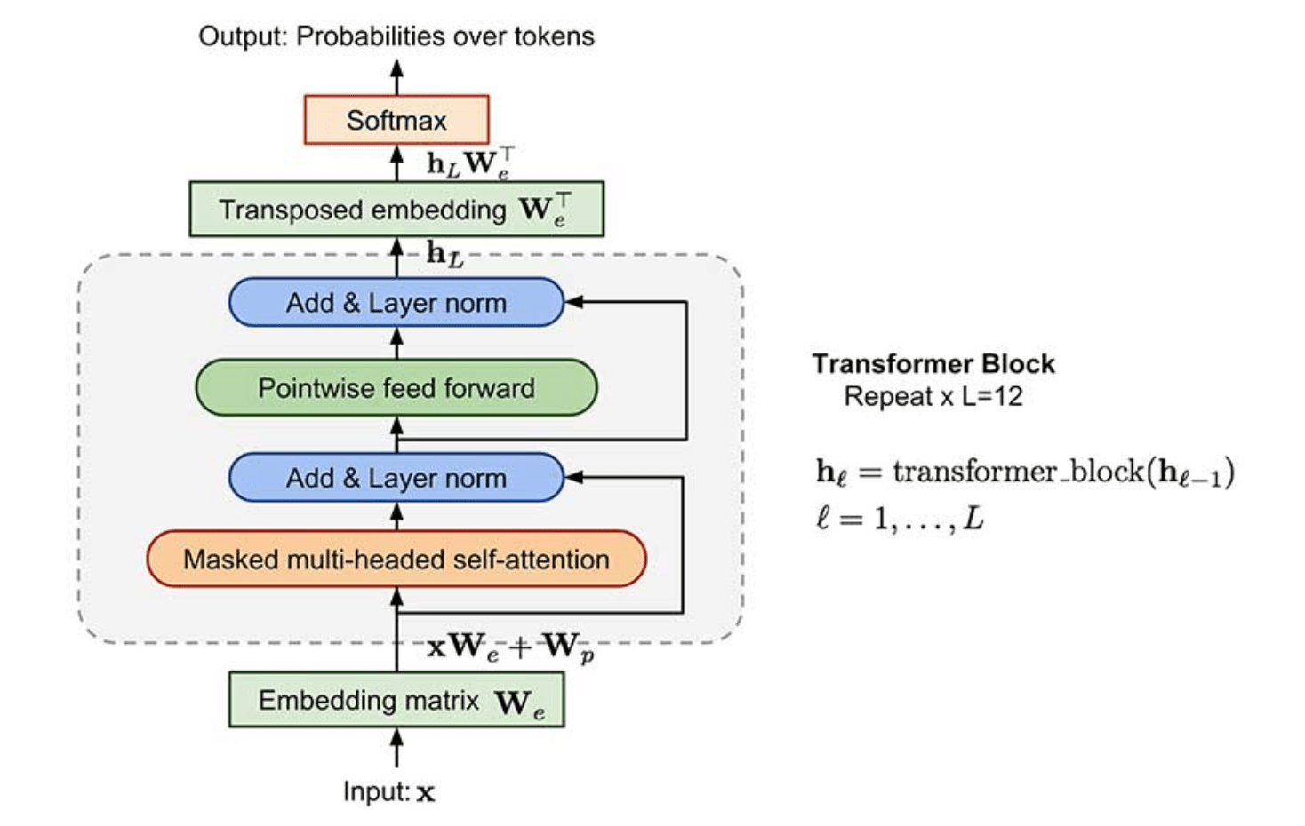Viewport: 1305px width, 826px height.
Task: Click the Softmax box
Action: pos(396,119)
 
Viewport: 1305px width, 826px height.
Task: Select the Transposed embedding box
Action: pos(396,209)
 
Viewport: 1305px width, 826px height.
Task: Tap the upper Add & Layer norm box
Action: pos(396,302)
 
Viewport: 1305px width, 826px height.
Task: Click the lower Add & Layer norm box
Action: pos(396,477)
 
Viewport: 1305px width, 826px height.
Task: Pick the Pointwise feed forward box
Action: pos(396,387)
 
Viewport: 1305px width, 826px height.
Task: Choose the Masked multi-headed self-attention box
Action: pos(396,559)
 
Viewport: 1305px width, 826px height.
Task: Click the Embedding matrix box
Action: pos(396,700)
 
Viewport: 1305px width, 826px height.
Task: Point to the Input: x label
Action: pos(388,792)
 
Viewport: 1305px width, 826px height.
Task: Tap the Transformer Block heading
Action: pos(933,364)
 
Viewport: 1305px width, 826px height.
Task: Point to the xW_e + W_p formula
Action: pos(510,647)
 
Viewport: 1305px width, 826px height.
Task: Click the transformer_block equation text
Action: pos(1025,473)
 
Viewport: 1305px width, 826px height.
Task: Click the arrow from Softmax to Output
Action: pos(396,77)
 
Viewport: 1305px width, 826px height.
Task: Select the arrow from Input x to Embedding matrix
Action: pos(396,748)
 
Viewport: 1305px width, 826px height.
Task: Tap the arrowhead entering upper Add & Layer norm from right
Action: pos(574,301)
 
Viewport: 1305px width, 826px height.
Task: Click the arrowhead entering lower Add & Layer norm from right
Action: pos(574,477)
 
